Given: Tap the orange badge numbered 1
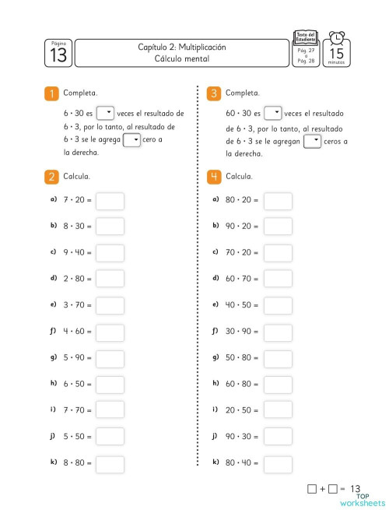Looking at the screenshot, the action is [51, 93].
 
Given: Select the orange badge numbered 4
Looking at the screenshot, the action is [214, 177].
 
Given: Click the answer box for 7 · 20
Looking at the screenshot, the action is [110, 201].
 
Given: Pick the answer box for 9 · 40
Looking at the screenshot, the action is [110, 253].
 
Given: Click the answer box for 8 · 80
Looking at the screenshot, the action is [110, 463].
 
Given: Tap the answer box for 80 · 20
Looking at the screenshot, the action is [278, 201].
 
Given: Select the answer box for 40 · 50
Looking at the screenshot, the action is [278, 305].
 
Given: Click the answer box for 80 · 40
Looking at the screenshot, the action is [278, 463].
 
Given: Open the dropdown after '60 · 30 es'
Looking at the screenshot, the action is [272, 112].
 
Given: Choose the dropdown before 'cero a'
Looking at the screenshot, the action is [132, 140].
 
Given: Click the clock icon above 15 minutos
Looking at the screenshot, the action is [336, 39].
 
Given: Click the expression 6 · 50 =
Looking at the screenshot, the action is [77, 385].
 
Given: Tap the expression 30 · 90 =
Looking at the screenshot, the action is [240, 332].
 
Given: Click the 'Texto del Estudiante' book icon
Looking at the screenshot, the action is [306, 37].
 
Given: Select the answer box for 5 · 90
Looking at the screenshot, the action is [110, 358].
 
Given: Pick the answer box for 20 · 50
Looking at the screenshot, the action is [278, 410].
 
